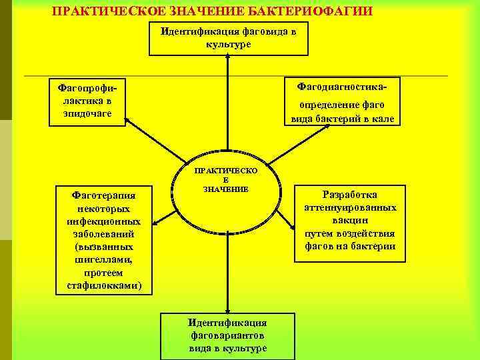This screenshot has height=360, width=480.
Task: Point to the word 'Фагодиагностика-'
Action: (342, 87)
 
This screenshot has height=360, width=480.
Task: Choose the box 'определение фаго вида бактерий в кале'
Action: (342, 112)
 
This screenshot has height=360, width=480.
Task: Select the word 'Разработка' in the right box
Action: (350, 195)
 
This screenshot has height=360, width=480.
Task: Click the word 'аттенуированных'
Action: (350, 207)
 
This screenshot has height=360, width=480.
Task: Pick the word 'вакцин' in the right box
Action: (350, 220)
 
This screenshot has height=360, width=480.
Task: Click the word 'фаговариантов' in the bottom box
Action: (227, 335)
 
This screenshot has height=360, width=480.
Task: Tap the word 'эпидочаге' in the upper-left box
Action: (84, 113)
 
